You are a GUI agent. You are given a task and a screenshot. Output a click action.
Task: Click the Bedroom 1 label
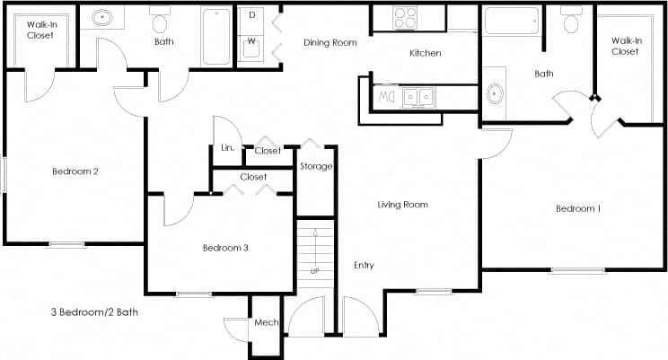pos(577,209)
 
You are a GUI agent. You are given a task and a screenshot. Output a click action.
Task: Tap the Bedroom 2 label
pos(75,171)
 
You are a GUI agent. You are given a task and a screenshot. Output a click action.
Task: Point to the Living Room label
pos(401,205)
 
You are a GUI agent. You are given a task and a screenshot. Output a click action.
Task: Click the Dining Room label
pos(330,42)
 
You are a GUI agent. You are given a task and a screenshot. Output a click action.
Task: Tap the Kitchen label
pos(425,53)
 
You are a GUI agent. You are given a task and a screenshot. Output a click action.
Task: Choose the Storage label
pos(316,166)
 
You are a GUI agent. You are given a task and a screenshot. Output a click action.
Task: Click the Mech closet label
pos(266,323)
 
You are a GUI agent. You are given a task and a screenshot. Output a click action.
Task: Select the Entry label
pos(364,265)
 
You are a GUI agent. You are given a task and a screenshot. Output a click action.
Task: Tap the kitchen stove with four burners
pos(405,18)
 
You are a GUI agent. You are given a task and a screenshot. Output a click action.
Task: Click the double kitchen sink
pos(417,95)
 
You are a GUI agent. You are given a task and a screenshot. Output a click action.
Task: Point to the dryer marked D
pos(251,16)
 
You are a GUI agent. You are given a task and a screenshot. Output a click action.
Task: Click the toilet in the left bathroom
pos(161,20)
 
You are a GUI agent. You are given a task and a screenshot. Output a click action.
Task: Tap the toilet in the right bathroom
pos(570,20)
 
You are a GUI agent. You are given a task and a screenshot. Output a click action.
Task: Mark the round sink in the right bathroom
pos(495,94)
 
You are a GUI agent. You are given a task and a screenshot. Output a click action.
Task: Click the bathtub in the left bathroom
pos(216,36)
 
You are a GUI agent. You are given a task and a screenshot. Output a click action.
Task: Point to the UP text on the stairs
pos(314,270)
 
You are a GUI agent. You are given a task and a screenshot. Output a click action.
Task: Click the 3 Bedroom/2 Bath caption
pos(94,312)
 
